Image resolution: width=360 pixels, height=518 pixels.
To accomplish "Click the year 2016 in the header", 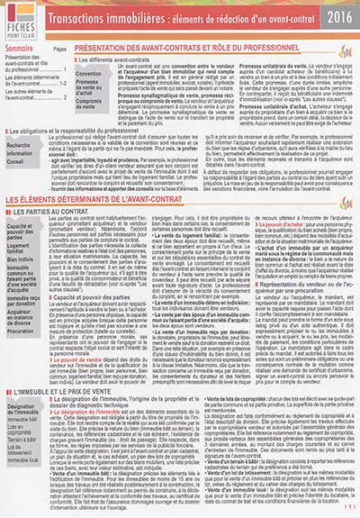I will point(337,16).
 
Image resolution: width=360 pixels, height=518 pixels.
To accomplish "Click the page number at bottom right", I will point(349,510).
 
